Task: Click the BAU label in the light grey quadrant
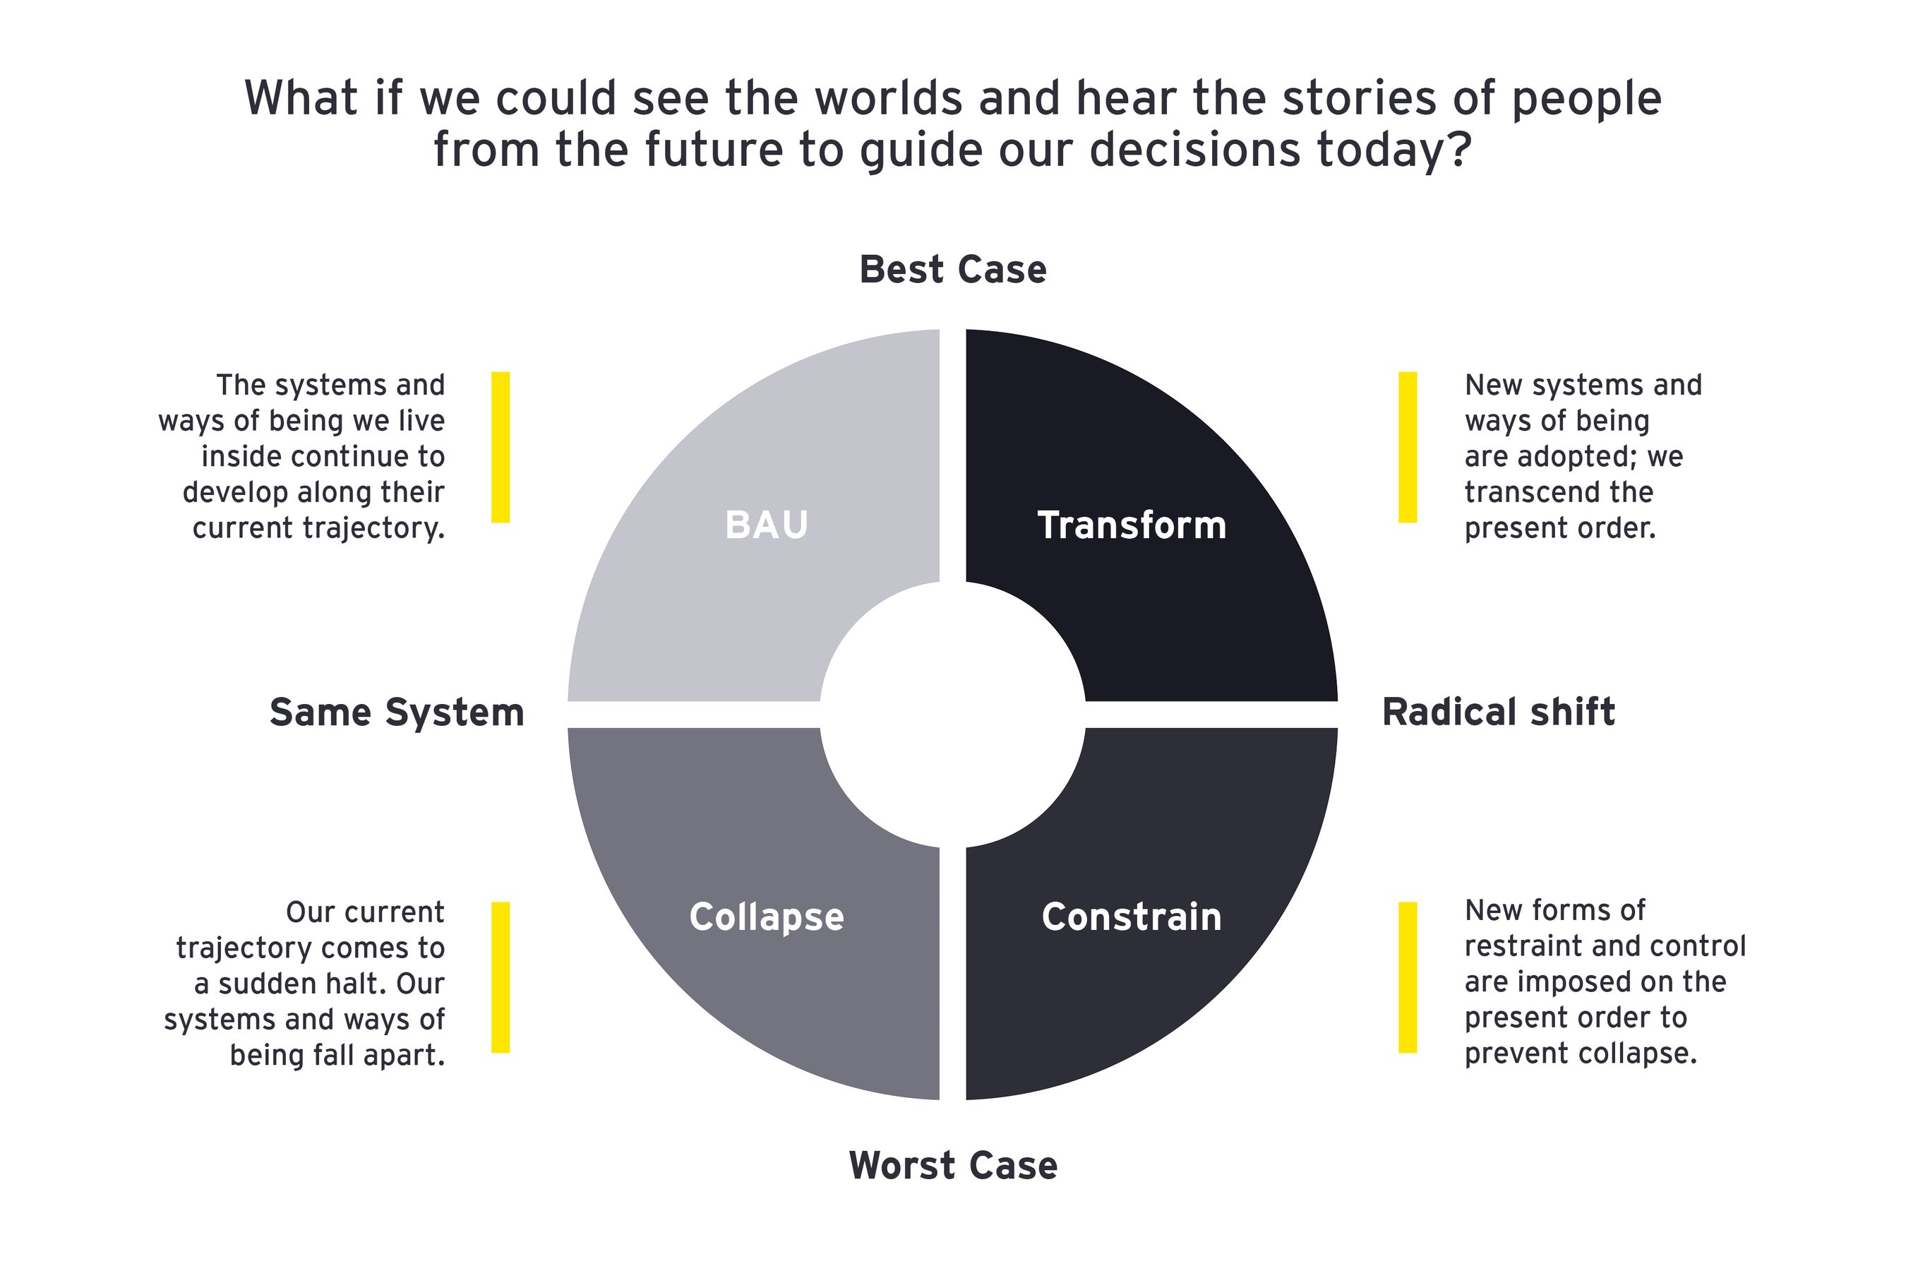click(x=766, y=525)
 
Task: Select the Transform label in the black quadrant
click(x=1132, y=525)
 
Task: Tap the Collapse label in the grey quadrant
click(x=766, y=917)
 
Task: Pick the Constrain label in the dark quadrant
click(x=1132, y=917)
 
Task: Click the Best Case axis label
click(x=952, y=270)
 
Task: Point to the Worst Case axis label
click(x=952, y=1166)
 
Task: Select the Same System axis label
click(x=396, y=712)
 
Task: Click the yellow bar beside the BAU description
click(x=501, y=447)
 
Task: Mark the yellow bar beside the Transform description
click(x=1408, y=447)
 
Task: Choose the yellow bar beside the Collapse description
click(x=501, y=977)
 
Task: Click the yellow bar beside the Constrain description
click(x=1408, y=977)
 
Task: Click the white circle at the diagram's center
click(x=952, y=714)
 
